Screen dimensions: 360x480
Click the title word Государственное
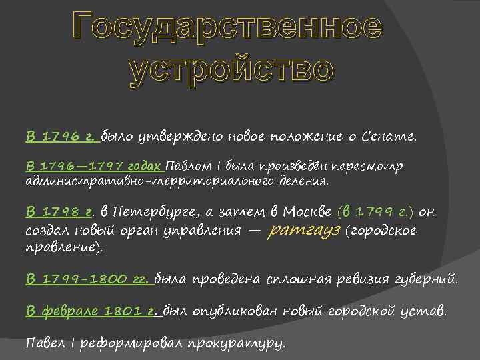click(227, 27)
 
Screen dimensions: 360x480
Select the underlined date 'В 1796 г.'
click(61, 137)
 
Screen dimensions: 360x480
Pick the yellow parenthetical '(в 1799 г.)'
click(376, 212)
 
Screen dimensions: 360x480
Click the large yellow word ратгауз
click(304, 231)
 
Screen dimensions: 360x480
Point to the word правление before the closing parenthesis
click(60, 247)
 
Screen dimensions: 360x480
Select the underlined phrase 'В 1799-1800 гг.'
click(87, 279)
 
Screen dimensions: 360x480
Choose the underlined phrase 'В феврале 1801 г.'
click(93, 311)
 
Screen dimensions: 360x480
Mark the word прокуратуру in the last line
click(237, 343)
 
